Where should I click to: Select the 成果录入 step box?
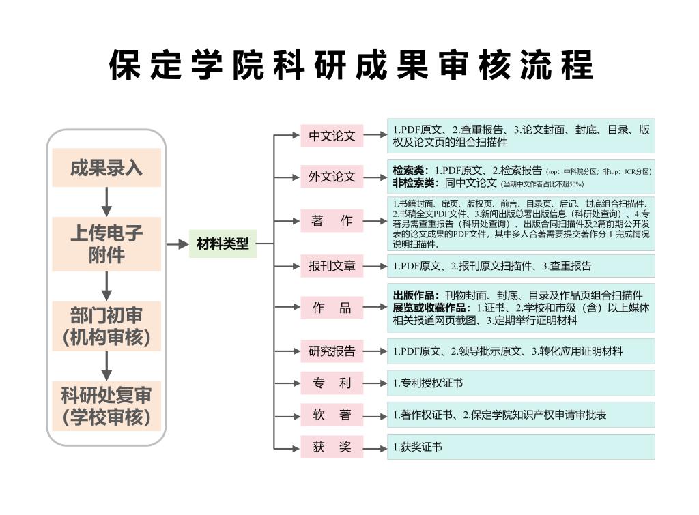(106, 168)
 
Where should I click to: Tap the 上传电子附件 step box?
(106, 244)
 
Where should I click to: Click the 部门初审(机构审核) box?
(106, 326)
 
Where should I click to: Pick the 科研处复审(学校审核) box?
(106, 406)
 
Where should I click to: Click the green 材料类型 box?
(223, 244)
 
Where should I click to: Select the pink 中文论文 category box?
(332, 136)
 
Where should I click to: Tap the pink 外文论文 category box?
(332, 177)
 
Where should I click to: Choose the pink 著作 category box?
(332, 221)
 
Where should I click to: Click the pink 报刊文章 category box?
(332, 266)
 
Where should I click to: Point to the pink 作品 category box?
(332, 308)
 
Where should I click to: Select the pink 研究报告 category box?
(332, 351)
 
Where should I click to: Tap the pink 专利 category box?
(332, 383)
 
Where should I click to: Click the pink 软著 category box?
(332, 415)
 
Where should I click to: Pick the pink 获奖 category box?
(332, 447)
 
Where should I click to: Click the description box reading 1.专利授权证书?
(521, 383)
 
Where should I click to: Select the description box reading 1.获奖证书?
(521, 447)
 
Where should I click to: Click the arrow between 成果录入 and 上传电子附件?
(106, 201)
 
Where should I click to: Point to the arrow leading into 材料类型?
(177, 244)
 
